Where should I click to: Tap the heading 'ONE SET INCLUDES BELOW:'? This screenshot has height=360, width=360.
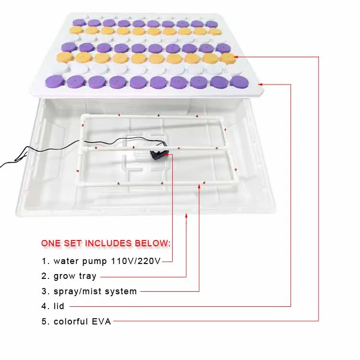click(106, 243)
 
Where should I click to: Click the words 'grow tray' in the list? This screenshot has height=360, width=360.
click(75, 276)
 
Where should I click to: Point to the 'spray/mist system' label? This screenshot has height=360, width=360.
click(95, 291)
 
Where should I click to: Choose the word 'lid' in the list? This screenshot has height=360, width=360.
click(59, 306)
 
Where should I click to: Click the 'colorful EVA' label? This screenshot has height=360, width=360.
click(82, 322)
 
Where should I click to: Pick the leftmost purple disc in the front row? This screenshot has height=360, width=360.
click(55, 81)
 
